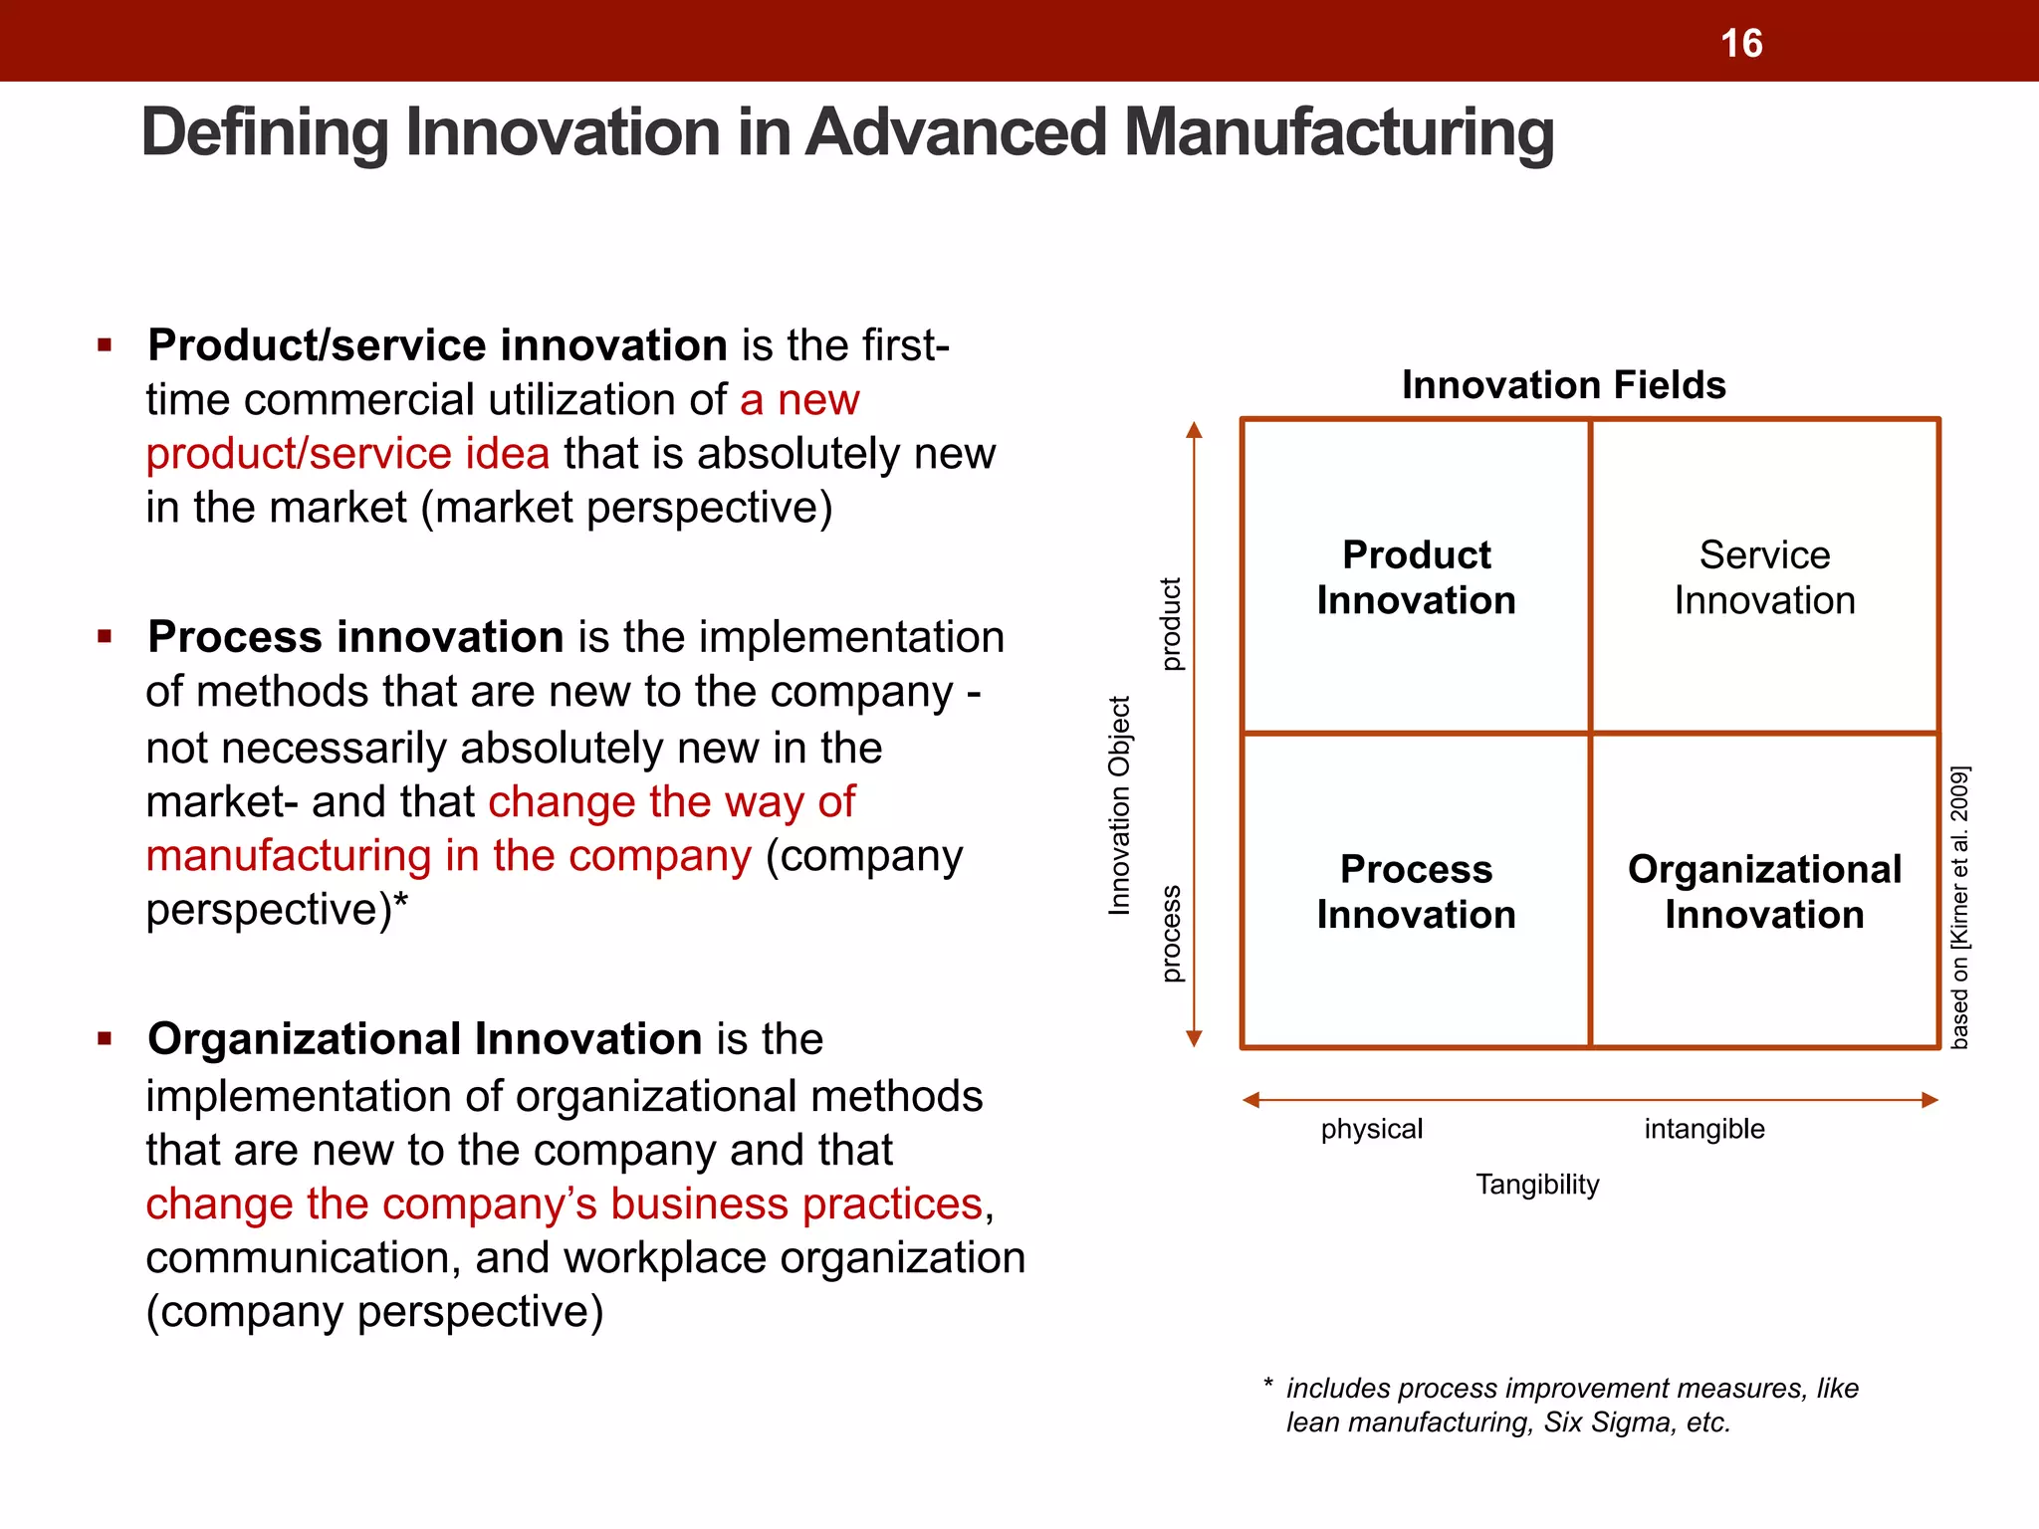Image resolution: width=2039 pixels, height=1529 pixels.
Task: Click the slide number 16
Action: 1741,44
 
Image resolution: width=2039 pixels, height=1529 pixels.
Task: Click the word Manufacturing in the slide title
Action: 1338,132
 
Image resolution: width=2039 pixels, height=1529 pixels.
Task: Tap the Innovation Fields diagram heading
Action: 1563,385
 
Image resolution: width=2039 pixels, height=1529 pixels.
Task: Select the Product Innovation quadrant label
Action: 1416,577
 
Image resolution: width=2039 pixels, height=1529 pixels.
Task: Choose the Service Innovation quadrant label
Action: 1764,577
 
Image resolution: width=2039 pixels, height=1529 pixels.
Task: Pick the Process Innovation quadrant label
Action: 1416,892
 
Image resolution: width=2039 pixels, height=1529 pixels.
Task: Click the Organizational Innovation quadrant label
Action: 1764,892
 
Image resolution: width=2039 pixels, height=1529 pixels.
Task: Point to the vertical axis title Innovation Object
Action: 1120,805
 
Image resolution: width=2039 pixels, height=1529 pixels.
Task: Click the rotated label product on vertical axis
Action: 1172,624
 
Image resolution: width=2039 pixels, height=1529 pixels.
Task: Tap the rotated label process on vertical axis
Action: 1172,933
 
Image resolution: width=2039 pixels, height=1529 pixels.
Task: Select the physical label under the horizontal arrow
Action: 1371,1129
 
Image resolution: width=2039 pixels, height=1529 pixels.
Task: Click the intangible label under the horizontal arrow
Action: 1703,1129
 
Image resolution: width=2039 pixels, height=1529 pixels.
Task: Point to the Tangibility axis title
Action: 1537,1185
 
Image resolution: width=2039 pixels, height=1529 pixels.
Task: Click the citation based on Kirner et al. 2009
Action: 1958,907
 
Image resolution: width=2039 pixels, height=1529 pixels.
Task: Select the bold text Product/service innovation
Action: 437,345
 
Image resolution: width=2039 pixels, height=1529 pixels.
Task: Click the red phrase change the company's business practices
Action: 564,1204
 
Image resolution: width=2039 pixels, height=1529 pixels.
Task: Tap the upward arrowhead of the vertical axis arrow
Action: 1195,430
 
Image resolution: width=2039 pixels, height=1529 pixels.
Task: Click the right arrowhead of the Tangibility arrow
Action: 1929,1100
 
